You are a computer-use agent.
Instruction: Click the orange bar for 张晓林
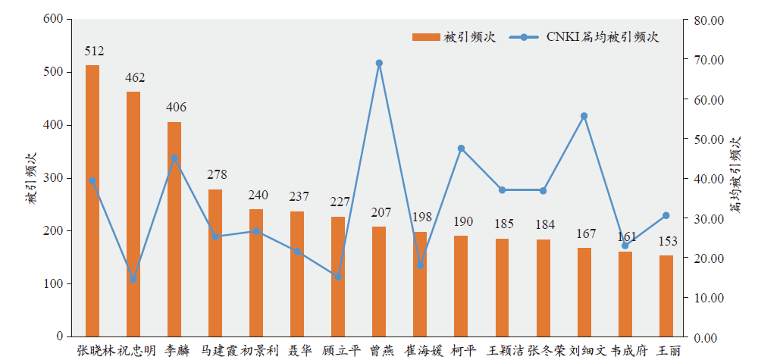click(92, 201)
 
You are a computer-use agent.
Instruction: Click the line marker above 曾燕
click(379, 63)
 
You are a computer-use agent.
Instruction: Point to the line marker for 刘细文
click(584, 116)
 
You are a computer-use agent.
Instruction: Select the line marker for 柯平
click(461, 149)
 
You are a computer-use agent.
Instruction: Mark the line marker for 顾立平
click(338, 277)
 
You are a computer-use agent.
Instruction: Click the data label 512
click(94, 52)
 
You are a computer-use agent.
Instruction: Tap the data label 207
click(379, 213)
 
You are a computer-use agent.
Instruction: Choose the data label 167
click(584, 234)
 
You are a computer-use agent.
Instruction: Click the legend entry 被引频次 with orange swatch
click(453, 37)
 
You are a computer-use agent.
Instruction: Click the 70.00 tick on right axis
click(709, 60)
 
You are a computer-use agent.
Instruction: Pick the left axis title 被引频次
click(31, 179)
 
